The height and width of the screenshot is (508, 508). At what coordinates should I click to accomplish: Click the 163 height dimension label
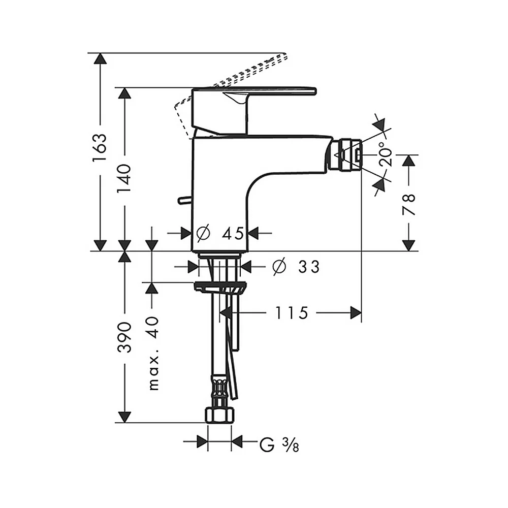[x=100, y=147]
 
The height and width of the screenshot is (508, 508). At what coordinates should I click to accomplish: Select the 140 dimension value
[x=124, y=178]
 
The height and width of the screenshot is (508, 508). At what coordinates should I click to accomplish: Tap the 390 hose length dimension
[x=124, y=337]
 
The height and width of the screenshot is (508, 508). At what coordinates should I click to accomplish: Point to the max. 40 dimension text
[x=153, y=353]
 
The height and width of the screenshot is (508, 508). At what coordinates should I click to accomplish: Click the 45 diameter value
[x=233, y=233]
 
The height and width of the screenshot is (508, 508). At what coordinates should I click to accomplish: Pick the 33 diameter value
[x=309, y=267]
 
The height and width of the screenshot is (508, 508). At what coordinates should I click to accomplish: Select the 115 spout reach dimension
[x=292, y=313]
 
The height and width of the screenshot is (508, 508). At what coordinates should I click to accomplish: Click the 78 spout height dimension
[x=409, y=205]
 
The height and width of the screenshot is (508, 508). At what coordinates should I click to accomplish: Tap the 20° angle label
[x=386, y=154]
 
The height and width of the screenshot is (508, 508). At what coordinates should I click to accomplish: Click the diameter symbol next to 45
[x=204, y=233]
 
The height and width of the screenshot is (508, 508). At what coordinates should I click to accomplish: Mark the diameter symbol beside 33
[x=279, y=267]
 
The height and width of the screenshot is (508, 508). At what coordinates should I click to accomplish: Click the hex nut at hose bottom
[x=219, y=416]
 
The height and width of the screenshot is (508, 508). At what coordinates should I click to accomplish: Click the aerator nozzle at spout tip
[x=345, y=155]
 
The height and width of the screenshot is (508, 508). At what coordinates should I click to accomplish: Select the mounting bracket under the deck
[x=220, y=288]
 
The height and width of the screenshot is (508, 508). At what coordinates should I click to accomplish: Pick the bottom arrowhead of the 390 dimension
[x=124, y=417]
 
